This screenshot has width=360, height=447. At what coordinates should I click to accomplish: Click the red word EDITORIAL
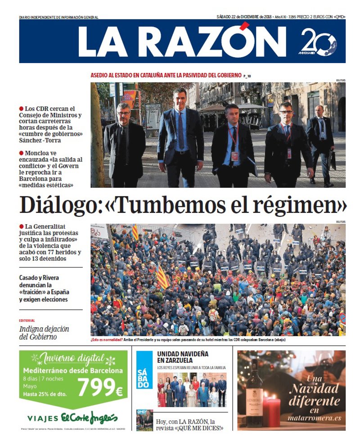point(27,321)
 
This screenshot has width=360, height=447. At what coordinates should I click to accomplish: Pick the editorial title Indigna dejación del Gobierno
point(44,333)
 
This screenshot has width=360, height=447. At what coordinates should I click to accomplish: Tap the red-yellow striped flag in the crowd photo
point(162,276)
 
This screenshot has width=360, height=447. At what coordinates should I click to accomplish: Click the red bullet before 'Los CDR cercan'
point(21,109)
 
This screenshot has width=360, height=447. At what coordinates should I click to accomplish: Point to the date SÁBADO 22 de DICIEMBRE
point(243,17)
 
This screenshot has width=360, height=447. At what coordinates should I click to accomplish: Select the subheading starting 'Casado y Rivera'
point(44,289)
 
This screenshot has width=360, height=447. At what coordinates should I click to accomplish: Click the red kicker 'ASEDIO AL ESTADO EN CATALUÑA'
point(166,75)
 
